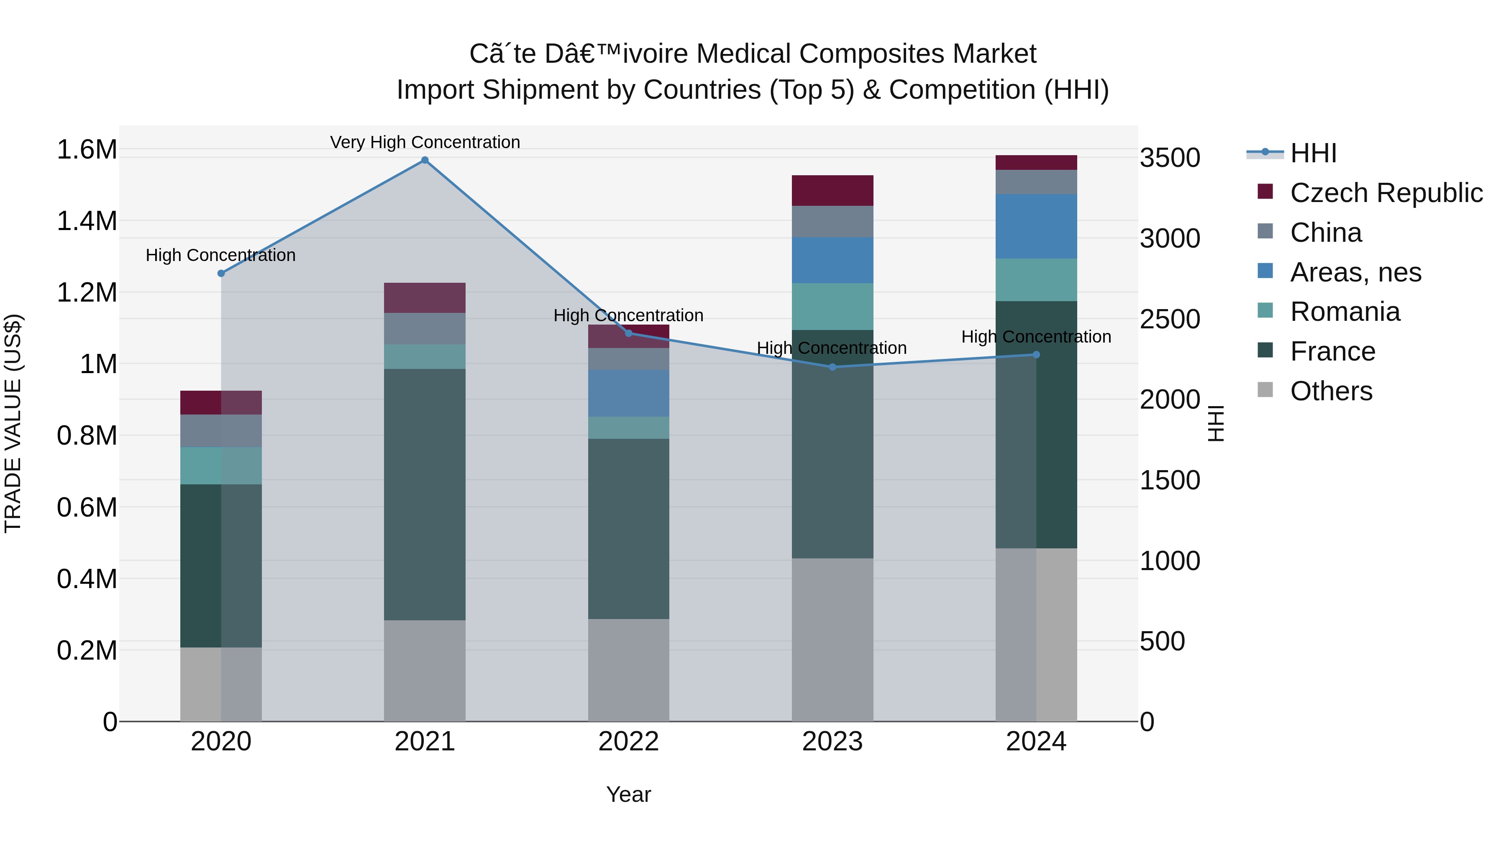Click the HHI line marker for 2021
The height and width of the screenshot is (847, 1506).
pyautogui.click(x=425, y=160)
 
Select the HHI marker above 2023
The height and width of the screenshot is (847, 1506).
pyautogui.click(x=832, y=367)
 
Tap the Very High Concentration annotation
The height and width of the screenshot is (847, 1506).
pyautogui.click(x=425, y=142)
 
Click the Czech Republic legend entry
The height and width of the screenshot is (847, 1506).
pyautogui.click(x=1386, y=193)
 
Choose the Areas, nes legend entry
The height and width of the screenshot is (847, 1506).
pyautogui.click(x=1355, y=272)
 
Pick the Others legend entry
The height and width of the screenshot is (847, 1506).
pyautogui.click(x=1331, y=391)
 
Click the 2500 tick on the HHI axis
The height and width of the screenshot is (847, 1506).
pyautogui.click(x=1170, y=319)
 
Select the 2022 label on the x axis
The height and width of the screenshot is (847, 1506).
pyautogui.click(x=628, y=742)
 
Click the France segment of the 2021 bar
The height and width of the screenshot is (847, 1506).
pyautogui.click(x=425, y=494)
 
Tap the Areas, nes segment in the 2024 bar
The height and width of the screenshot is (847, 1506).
pyautogui.click(x=1036, y=226)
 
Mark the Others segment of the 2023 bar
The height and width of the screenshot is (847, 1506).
pyautogui.click(x=832, y=640)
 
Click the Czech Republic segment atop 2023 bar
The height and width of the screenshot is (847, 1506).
pyautogui.click(x=832, y=191)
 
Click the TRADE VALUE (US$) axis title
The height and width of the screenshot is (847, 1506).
pyautogui.click(x=13, y=423)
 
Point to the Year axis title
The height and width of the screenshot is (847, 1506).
pyautogui.click(x=628, y=794)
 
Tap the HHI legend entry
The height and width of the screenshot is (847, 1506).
pyautogui.click(x=1312, y=153)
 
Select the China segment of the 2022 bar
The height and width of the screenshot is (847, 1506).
pyautogui.click(x=628, y=359)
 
